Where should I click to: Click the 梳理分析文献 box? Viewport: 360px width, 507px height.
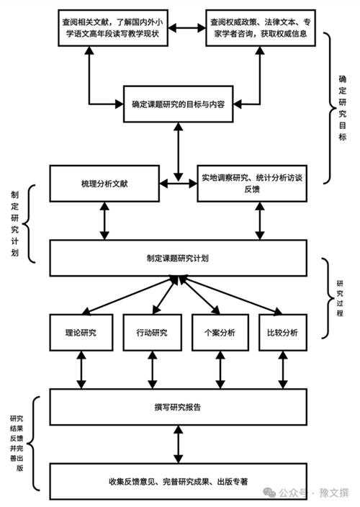click(x=106, y=184)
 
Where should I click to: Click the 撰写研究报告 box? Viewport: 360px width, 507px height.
click(x=178, y=407)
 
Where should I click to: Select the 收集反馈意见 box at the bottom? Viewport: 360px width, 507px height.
click(x=178, y=481)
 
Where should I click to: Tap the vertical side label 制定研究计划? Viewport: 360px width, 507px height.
click(x=15, y=223)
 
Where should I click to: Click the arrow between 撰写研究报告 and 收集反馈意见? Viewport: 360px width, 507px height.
click(x=178, y=445)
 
